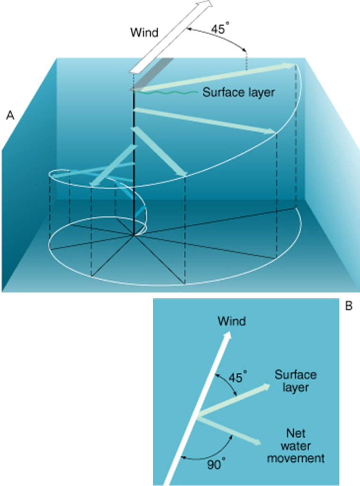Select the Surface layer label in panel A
[x=238, y=92]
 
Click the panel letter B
[x=348, y=306]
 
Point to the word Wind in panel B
[x=232, y=321]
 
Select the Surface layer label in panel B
[x=296, y=381]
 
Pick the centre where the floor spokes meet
[x=135, y=234]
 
